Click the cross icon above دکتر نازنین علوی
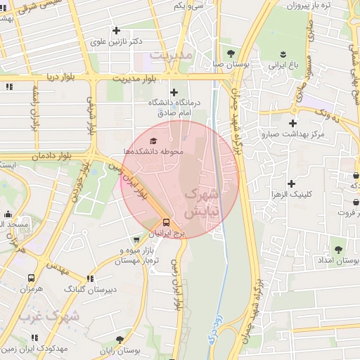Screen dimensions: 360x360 (116, 30)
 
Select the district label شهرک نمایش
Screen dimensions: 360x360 (202, 201)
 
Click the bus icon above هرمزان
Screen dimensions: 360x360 (32, 278)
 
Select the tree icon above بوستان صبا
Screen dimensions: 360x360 (231, 53)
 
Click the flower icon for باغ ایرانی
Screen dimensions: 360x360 (282, 54)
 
